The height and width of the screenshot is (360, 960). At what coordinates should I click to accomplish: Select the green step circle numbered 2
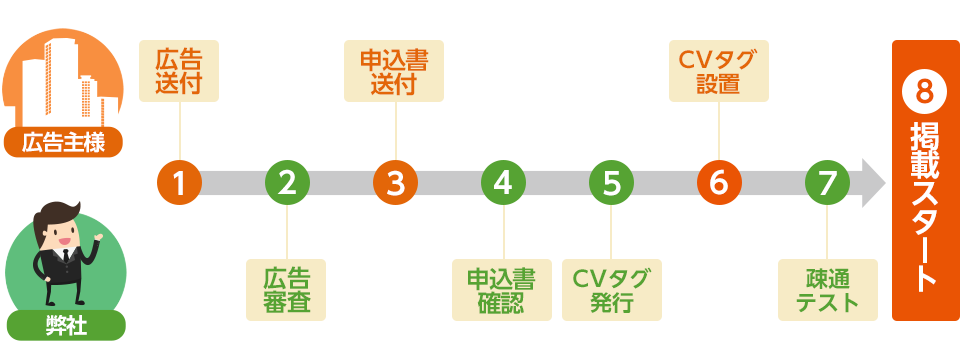(x=287, y=182)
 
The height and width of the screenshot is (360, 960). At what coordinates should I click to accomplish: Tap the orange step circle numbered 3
(x=395, y=182)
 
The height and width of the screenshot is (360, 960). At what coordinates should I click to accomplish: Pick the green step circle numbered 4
(x=503, y=182)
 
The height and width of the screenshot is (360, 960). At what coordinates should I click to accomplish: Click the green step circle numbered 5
(x=611, y=182)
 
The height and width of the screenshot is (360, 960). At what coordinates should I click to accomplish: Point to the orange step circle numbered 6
(x=718, y=182)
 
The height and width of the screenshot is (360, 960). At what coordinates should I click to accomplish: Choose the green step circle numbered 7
(x=826, y=182)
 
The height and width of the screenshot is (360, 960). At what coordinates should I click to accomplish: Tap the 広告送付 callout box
(x=178, y=71)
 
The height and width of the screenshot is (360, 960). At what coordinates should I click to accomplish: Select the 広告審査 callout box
(x=286, y=290)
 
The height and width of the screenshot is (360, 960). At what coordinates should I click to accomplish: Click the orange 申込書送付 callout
(x=394, y=71)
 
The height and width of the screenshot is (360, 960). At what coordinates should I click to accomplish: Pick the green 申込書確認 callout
(x=502, y=290)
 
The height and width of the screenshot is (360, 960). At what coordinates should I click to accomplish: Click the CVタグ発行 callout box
(x=611, y=290)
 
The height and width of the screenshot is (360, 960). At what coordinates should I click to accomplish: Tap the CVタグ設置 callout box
(x=718, y=71)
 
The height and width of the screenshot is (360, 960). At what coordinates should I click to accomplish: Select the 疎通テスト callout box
(x=827, y=290)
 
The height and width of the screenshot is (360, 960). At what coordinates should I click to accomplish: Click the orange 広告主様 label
(x=64, y=142)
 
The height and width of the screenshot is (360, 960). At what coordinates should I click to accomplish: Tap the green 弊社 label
(x=65, y=326)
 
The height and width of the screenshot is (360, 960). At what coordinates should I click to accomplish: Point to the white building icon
(x=62, y=80)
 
